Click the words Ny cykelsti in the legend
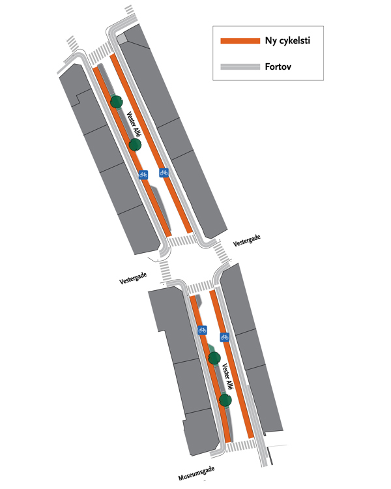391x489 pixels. point(287,41)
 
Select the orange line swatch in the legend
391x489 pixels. point(241,41)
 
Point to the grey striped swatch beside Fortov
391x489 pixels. point(241,67)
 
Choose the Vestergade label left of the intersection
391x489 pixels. point(133,278)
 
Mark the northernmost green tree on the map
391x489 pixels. point(117,101)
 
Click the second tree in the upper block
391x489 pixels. point(135,144)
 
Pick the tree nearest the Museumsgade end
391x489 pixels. point(225,400)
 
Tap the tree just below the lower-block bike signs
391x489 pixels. point(214,357)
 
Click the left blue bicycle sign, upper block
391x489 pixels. point(143,175)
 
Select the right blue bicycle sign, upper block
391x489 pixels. point(164,173)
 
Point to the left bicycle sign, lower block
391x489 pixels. point(202,330)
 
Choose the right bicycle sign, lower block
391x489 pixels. point(224,337)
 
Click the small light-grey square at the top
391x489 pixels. point(122,39)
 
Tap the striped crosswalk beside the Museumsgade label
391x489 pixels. point(242,446)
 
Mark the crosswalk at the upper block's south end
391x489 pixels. point(181,241)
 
